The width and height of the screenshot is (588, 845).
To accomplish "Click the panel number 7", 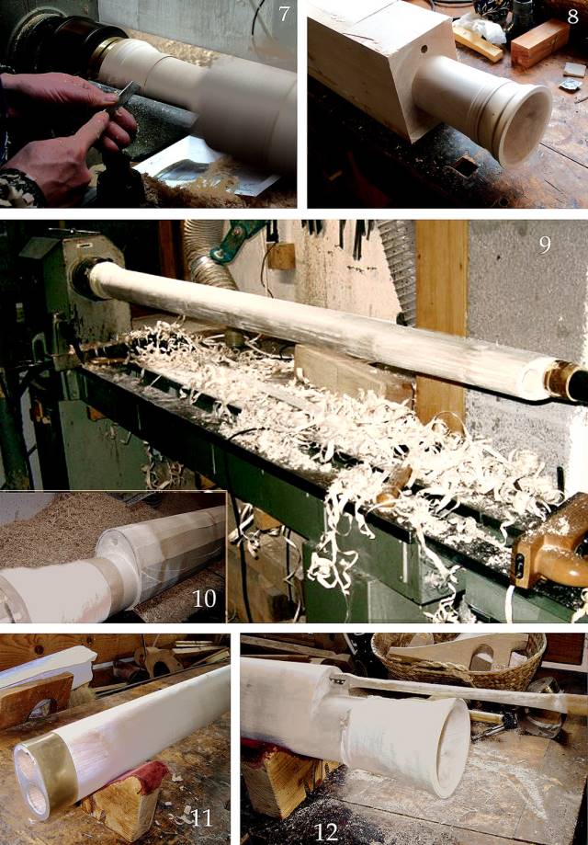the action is tap(284, 14).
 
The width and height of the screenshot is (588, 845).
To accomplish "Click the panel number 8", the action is tap(572, 17).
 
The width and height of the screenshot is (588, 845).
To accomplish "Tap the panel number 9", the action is tap(545, 245).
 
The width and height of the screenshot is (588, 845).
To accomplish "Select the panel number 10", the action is tap(204, 599).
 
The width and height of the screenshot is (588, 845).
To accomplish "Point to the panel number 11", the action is tap(202, 818).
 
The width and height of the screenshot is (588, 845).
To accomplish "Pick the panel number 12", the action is tap(326, 832).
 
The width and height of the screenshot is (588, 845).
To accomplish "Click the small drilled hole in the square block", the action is tap(424, 49).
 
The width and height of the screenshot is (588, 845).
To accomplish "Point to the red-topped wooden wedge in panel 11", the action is tap(124, 794).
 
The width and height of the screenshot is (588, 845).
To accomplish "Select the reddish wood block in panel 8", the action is tap(539, 42).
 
